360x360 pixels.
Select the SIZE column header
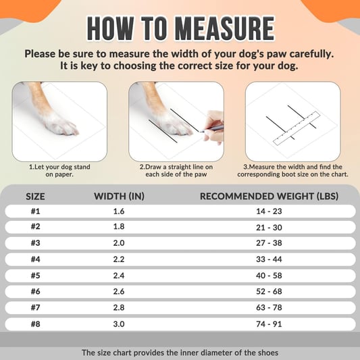[35, 196]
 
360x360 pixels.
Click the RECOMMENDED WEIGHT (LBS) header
[269, 196]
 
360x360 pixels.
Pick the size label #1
[35, 211]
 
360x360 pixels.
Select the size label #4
[35, 259]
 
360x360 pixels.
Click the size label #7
[35, 307]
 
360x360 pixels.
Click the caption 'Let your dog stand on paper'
[59, 170]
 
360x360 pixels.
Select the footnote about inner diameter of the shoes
[180, 353]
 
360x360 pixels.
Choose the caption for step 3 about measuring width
[292, 170]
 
